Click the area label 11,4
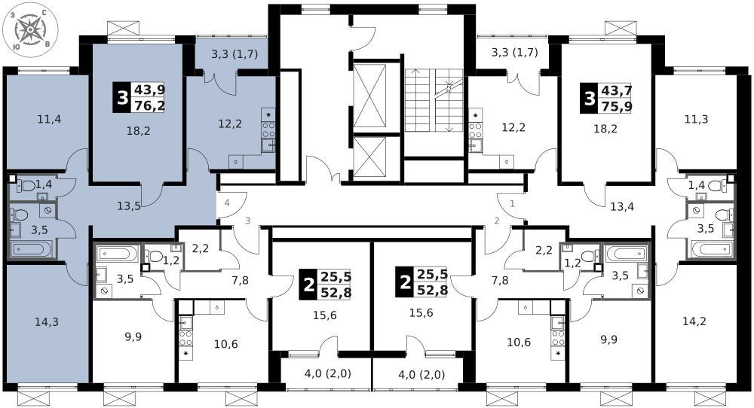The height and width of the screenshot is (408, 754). tap(49, 118)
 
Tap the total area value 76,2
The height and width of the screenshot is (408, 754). tap(149, 105)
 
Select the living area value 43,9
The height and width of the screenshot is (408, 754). tap(149, 90)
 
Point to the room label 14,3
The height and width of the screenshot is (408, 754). tap(47, 321)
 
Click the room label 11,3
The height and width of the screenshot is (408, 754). tap(696, 118)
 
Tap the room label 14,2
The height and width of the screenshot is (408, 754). tap(694, 321)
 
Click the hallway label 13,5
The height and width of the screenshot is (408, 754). tap(129, 206)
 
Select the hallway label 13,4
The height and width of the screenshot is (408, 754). tap(622, 207)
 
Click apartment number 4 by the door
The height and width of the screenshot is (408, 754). tap(226, 203)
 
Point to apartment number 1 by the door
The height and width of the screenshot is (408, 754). tap(512, 203)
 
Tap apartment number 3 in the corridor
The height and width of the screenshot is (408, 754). tap(247, 221)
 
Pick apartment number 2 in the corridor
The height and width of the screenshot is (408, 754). tap(497, 221)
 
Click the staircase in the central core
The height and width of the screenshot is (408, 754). tap(434, 100)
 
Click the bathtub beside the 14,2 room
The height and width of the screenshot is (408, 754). tap(712, 249)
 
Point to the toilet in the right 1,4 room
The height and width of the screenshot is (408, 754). tap(716, 185)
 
